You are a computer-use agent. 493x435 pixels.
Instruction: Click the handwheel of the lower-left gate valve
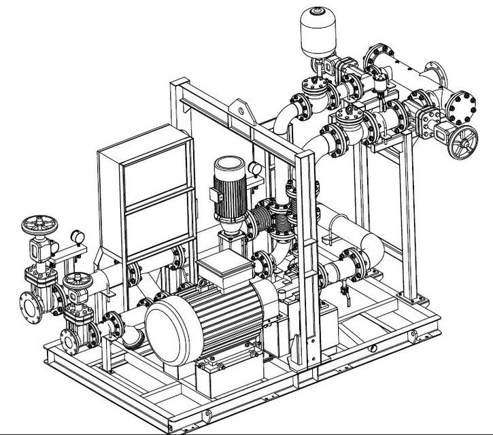pyautogui.click(x=76, y=280)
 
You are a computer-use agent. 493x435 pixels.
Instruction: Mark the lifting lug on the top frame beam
pyautogui.click(x=239, y=108)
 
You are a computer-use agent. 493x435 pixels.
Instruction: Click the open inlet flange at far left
pyautogui.click(x=31, y=307)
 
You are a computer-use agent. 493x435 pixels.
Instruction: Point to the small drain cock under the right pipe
pyautogui.click(x=346, y=295)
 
